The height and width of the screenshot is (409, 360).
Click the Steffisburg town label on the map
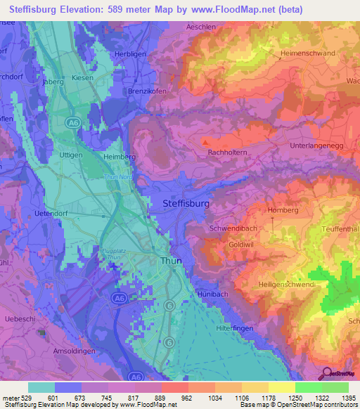186,203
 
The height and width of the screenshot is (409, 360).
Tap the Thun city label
171,260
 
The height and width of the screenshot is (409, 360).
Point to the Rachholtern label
226,151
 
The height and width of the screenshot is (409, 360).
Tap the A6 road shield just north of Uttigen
72,123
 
